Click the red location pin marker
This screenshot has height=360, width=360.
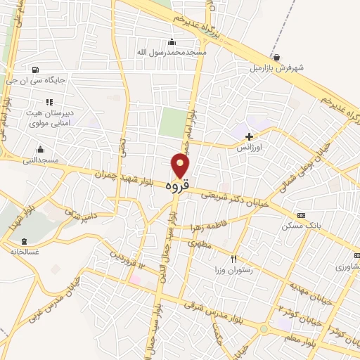point(181,165)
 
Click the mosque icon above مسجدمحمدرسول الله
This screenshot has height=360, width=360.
point(172,41)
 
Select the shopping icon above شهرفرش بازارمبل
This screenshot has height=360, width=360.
point(278,58)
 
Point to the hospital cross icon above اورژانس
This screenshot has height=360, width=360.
point(249,135)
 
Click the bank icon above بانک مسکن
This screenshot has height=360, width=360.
point(301,215)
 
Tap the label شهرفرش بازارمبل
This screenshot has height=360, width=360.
point(280,69)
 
